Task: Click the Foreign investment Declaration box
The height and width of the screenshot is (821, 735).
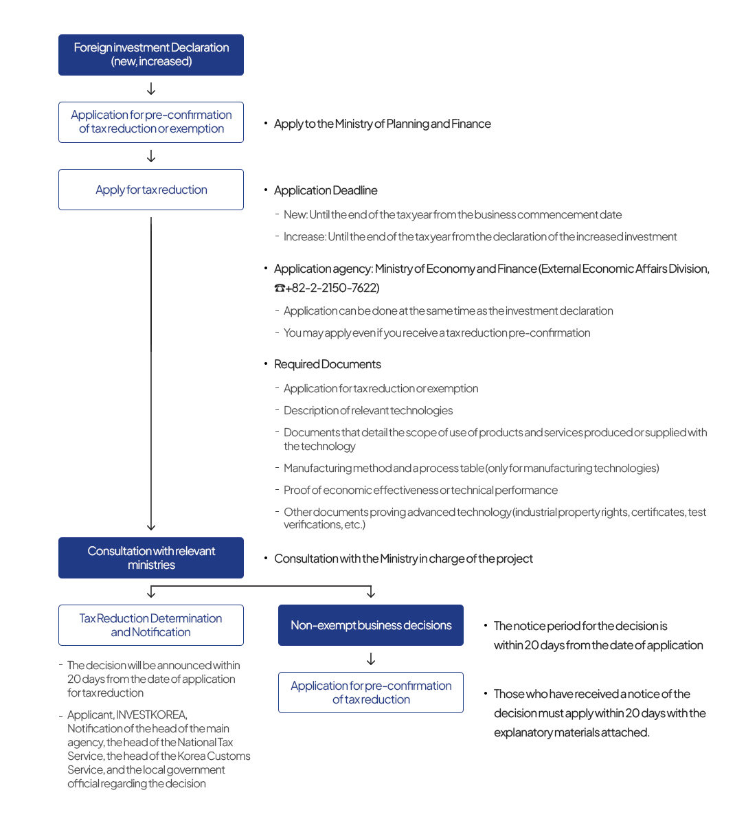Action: [x=150, y=55]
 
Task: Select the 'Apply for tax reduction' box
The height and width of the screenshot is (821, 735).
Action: [x=150, y=190]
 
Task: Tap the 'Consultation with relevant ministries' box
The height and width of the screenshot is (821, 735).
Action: [x=150, y=558]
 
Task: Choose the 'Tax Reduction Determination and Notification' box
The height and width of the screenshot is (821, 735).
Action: [x=150, y=625]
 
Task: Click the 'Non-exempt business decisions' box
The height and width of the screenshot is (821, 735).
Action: [x=371, y=625]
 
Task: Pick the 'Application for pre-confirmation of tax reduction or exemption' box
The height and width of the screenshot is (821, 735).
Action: [x=150, y=122]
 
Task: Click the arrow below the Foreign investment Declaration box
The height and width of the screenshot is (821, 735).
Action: [x=150, y=89]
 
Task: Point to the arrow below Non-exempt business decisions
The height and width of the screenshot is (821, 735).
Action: [x=371, y=659]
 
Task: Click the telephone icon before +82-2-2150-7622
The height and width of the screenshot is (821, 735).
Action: [x=280, y=288]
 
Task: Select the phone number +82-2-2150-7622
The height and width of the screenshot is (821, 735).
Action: [x=332, y=287]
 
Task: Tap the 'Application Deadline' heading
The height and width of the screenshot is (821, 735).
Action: [x=326, y=190]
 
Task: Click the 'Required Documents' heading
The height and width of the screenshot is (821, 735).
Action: [x=327, y=364]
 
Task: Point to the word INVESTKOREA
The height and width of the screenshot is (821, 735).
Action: [x=151, y=715]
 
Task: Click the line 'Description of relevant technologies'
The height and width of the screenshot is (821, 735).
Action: [x=368, y=411]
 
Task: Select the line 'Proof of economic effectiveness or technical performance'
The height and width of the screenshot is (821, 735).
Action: [x=420, y=490]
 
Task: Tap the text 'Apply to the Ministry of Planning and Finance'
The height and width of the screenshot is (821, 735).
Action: [x=382, y=124]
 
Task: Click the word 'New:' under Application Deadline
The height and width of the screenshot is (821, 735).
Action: [x=295, y=214]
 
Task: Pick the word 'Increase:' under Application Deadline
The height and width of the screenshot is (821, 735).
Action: [x=305, y=236]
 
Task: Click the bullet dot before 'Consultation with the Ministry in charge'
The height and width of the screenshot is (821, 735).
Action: [x=266, y=558]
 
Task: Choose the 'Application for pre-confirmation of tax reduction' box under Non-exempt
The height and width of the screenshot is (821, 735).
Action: [x=371, y=693]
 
